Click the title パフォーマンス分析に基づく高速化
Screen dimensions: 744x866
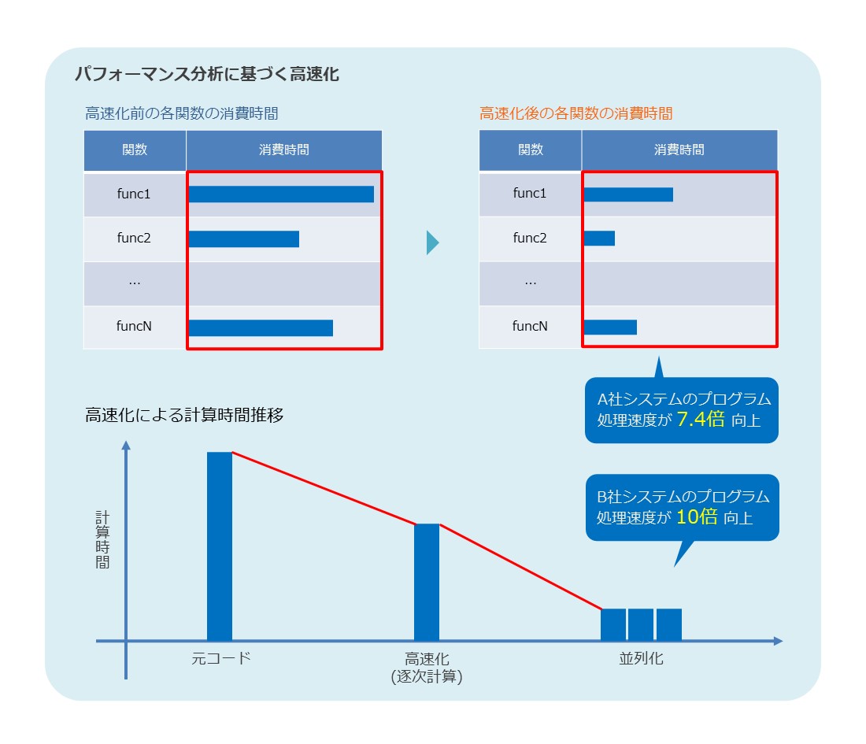click(x=206, y=75)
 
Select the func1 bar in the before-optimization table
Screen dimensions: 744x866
click(x=281, y=194)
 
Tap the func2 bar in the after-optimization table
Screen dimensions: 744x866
click(x=599, y=238)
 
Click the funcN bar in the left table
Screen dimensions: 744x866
click(x=261, y=328)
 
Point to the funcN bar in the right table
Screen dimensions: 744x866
click(x=610, y=327)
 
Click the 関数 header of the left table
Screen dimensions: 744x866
click(x=135, y=150)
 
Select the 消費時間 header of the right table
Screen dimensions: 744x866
click(x=679, y=150)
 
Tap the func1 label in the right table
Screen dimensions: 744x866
click(x=530, y=193)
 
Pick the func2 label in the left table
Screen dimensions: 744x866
click(x=134, y=238)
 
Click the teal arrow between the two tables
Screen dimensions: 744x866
click(x=432, y=242)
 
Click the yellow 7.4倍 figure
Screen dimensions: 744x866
click(x=700, y=419)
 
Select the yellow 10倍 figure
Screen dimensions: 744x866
click(x=697, y=517)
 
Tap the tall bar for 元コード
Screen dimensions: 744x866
click(x=220, y=546)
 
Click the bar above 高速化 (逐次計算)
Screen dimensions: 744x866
click(x=427, y=582)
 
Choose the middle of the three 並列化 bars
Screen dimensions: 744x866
click(x=641, y=624)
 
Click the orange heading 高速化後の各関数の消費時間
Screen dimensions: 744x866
click(x=575, y=113)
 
